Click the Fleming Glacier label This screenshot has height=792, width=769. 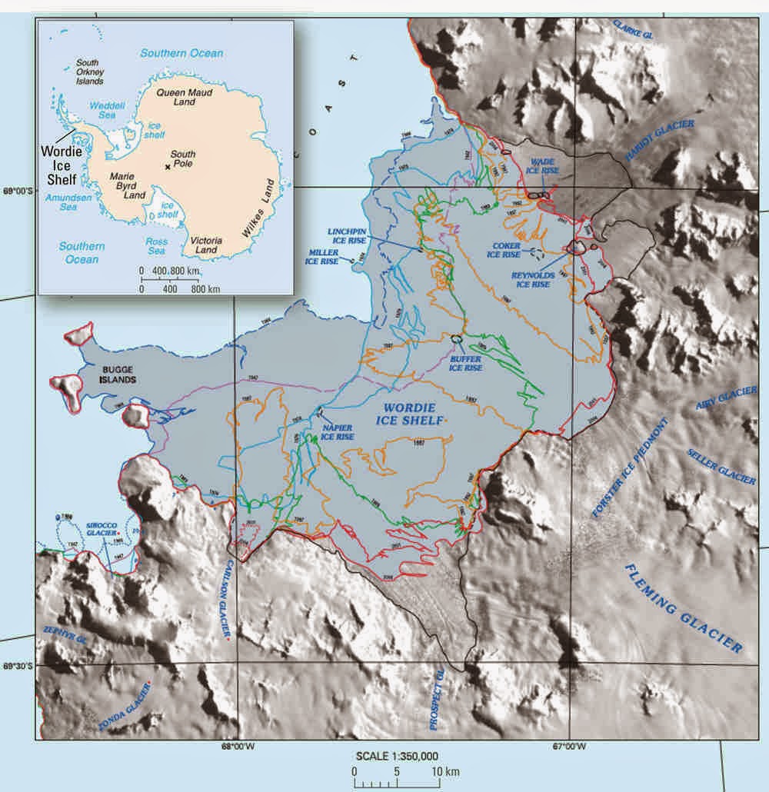tap(684, 607)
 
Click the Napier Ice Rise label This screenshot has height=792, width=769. tap(337, 431)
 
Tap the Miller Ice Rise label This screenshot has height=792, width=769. tap(322, 257)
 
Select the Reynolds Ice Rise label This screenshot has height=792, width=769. tap(530, 279)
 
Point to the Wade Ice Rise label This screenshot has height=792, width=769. tap(543, 166)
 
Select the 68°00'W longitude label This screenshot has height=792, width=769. tap(238, 745)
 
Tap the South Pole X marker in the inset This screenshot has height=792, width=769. tap(167, 165)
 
